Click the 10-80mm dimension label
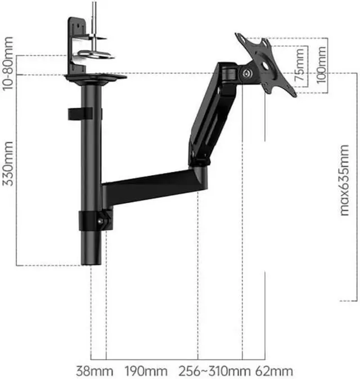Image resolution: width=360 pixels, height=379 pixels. (7, 64)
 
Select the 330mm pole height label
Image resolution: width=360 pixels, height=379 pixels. (8, 164)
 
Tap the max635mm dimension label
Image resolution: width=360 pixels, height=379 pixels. (344, 180)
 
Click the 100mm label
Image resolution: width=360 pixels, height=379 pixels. (321, 65)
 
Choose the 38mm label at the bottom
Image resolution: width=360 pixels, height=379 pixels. (94, 371)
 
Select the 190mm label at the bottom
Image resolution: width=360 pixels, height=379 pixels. (146, 371)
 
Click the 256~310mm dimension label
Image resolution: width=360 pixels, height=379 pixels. (214, 371)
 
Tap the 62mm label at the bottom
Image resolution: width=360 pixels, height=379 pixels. (274, 371)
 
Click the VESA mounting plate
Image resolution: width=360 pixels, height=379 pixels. (265, 65)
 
